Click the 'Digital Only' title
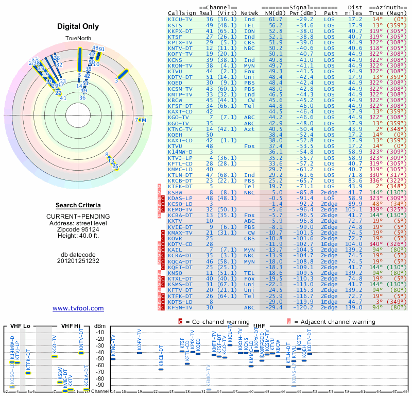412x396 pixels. pos(78,26)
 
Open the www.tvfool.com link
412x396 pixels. pos(78,308)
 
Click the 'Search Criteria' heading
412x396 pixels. pos(78,205)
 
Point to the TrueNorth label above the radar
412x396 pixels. pos(78,39)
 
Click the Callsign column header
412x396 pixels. pos(181,13)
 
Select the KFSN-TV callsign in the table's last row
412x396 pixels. pos(181,307)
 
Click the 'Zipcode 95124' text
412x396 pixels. pos(78,229)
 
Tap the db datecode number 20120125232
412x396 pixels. pos(78,261)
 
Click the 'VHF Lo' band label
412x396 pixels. pos(20,326)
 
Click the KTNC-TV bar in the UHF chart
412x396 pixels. pos(113,359)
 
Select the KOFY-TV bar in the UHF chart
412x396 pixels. pos(140,353)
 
